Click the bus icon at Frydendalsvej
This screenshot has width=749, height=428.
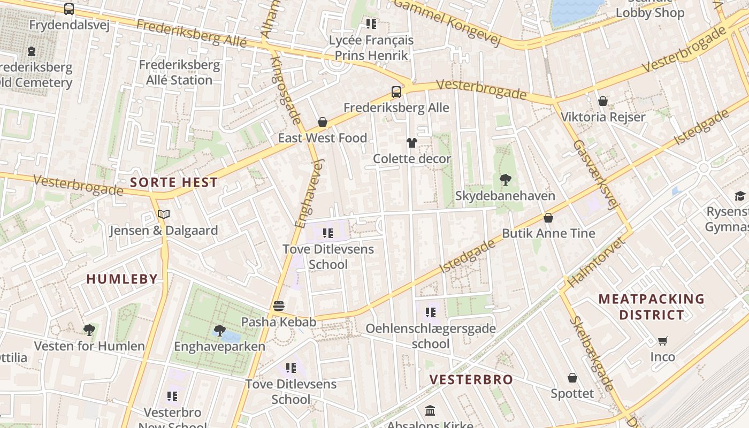[x=68, y=9]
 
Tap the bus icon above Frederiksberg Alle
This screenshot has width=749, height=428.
[x=396, y=91]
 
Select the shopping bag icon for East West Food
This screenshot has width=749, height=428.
[x=323, y=122]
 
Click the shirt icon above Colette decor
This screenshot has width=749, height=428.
[x=411, y=142]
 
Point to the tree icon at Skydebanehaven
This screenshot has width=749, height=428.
[x=505, y=179]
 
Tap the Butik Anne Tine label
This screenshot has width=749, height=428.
[x=548, y=233]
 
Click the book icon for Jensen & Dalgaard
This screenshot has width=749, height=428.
[x=164, y=215]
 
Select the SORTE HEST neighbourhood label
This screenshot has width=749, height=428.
[x=174, y=182]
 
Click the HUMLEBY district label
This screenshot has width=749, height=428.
[x=122, y=279]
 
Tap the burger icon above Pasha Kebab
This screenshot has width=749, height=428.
[x=278, y=306]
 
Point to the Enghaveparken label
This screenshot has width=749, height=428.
[x=219, y=346]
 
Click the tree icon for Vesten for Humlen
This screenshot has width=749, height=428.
[x=89, y=330]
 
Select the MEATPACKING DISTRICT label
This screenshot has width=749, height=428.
[x=651, y=307]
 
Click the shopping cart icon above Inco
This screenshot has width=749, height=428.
[x=663, y=341]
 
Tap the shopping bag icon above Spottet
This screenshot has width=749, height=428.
[x=572, y=378]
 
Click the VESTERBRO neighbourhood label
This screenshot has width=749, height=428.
[x=471, y=380]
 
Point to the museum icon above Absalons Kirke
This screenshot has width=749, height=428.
[x=430, y=411]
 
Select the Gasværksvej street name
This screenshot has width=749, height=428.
[x=595, y=175]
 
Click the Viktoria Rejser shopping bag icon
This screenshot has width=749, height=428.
[x=603, y=101]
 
